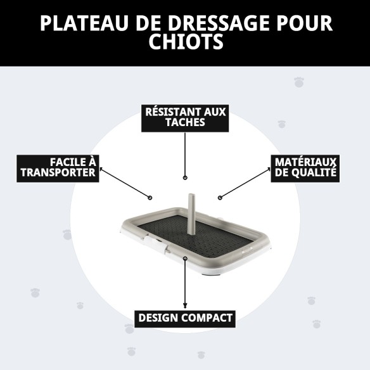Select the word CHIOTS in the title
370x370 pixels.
[185, 42]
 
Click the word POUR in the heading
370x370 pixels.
[302, 23]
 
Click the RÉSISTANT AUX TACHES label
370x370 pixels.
[185, 117]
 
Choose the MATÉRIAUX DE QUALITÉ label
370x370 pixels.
[305, 167]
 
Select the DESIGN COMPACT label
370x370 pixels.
[185, 317]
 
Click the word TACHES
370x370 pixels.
[185, 123]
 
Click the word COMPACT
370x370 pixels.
[207, 317]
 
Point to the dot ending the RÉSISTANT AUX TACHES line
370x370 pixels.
[185, 178]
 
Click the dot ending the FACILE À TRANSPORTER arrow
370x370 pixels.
[150, 197]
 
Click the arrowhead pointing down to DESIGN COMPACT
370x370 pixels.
[185, 305]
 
